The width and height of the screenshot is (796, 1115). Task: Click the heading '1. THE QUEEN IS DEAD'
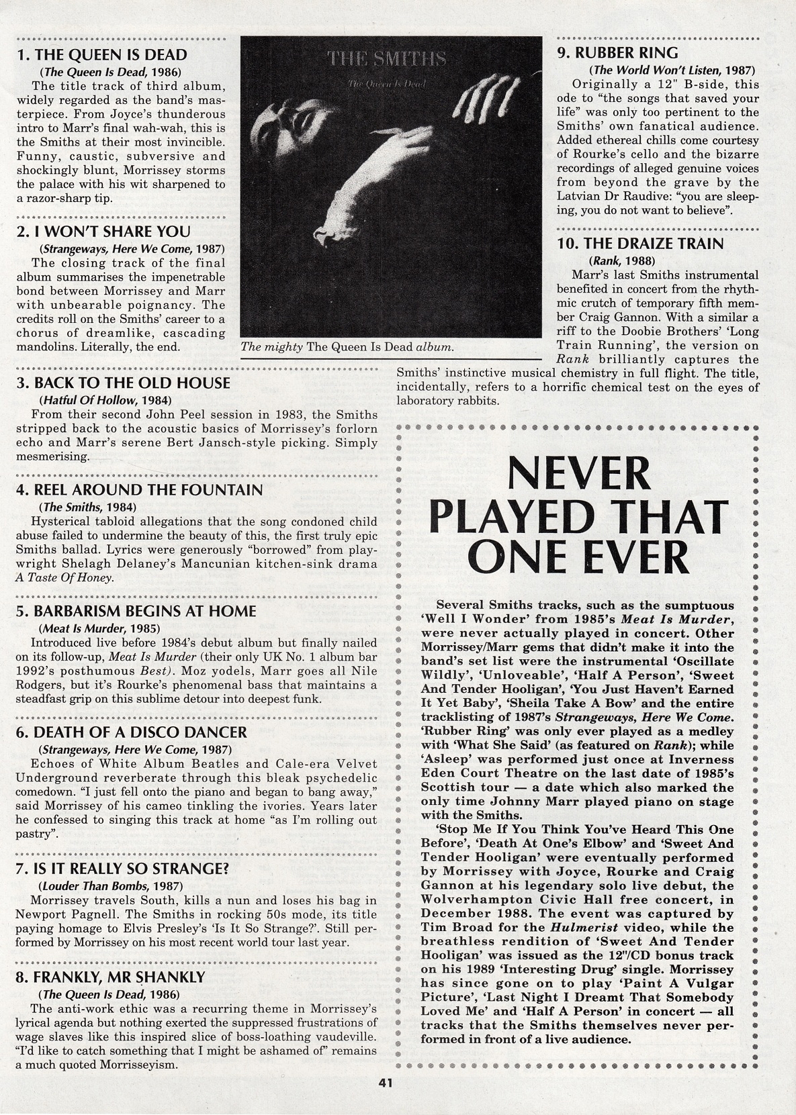point(101,55)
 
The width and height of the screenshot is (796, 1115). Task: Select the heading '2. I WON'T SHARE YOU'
point(103,232)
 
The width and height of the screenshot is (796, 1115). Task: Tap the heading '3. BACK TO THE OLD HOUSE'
point(123,383)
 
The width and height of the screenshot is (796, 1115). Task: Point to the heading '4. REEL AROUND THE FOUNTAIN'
point(139,490)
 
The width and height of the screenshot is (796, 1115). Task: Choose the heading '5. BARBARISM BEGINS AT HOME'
point(136,612)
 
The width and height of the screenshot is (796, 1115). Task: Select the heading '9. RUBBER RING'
point(617,52)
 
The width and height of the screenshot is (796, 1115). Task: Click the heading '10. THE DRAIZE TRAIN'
point(641,244)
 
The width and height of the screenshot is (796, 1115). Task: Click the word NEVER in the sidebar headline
point(578,473)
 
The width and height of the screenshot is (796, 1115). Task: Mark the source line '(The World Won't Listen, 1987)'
point(672,70)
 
